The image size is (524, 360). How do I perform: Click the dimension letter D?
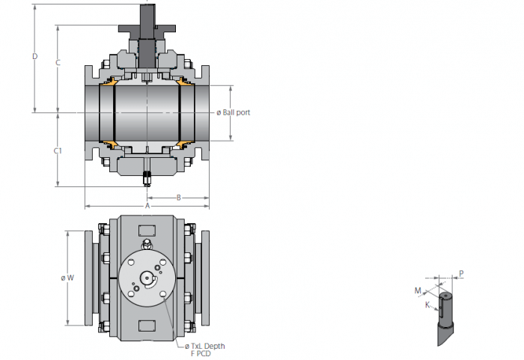coord(34,56)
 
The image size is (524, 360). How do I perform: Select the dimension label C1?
coord(58,151)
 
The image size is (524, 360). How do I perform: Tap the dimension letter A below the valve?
coord(147,206)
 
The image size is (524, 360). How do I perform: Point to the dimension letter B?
coord(179,198)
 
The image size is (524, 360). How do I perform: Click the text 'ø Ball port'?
coord(234,113)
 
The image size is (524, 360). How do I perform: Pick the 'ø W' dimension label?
coord(67,278)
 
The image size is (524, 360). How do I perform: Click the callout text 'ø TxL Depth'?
coord(205,347)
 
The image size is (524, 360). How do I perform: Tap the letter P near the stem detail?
coord(462,274)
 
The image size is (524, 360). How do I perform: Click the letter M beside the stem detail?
coord(418,290)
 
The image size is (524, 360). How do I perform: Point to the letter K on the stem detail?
coord(427,305)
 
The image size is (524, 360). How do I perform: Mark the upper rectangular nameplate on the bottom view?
coord(147,231)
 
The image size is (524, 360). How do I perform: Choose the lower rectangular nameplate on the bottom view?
coord(147,326)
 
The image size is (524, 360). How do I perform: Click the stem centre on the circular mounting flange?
coord(147,278)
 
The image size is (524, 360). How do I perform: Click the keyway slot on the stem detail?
coord(441,308)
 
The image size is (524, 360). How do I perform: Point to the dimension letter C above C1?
coord(58,63)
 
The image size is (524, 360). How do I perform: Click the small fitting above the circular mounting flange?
coord(147,244)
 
